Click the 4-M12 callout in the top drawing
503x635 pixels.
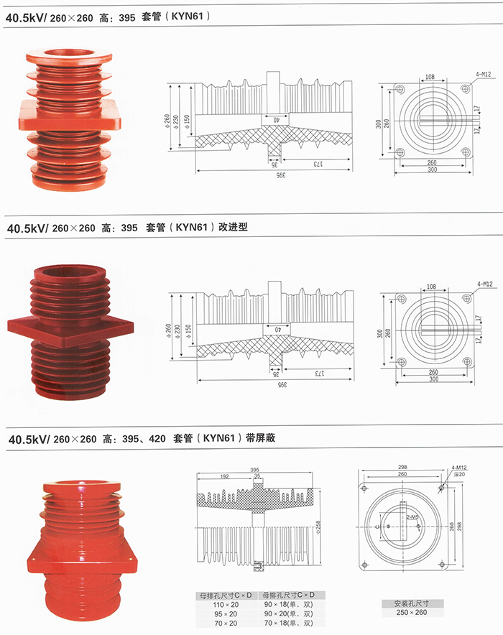[x=483, y=74]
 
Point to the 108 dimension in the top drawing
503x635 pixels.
[x=430, y=75]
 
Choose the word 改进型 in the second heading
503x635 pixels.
[x=234, y=228]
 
